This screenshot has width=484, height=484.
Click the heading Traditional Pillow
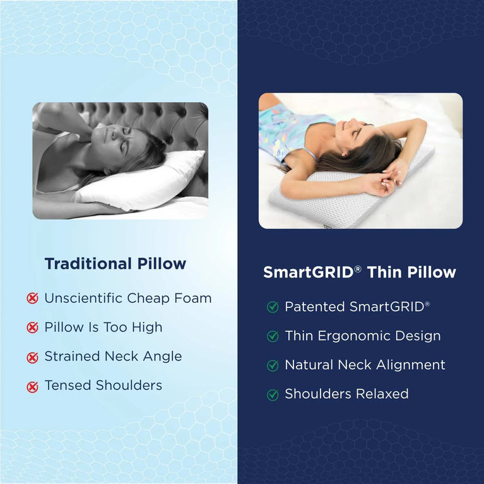click(x=115, y=264)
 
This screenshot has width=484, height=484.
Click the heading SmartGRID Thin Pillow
click(x=359, y=273)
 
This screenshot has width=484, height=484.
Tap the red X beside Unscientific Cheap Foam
click(x=33, y=298)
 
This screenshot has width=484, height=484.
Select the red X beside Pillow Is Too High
click(x=33, y=328)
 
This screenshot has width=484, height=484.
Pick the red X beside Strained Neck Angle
click(x=33, y=357)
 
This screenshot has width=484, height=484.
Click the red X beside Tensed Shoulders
click(x=33, y=386)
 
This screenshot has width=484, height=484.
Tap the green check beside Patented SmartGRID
click(x=273, y=307)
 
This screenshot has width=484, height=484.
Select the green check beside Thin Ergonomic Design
click(x=273, y=336)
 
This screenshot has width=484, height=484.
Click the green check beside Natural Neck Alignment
click(x=273, y=365)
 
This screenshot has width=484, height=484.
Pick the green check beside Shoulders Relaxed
click(x=273, y=395)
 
